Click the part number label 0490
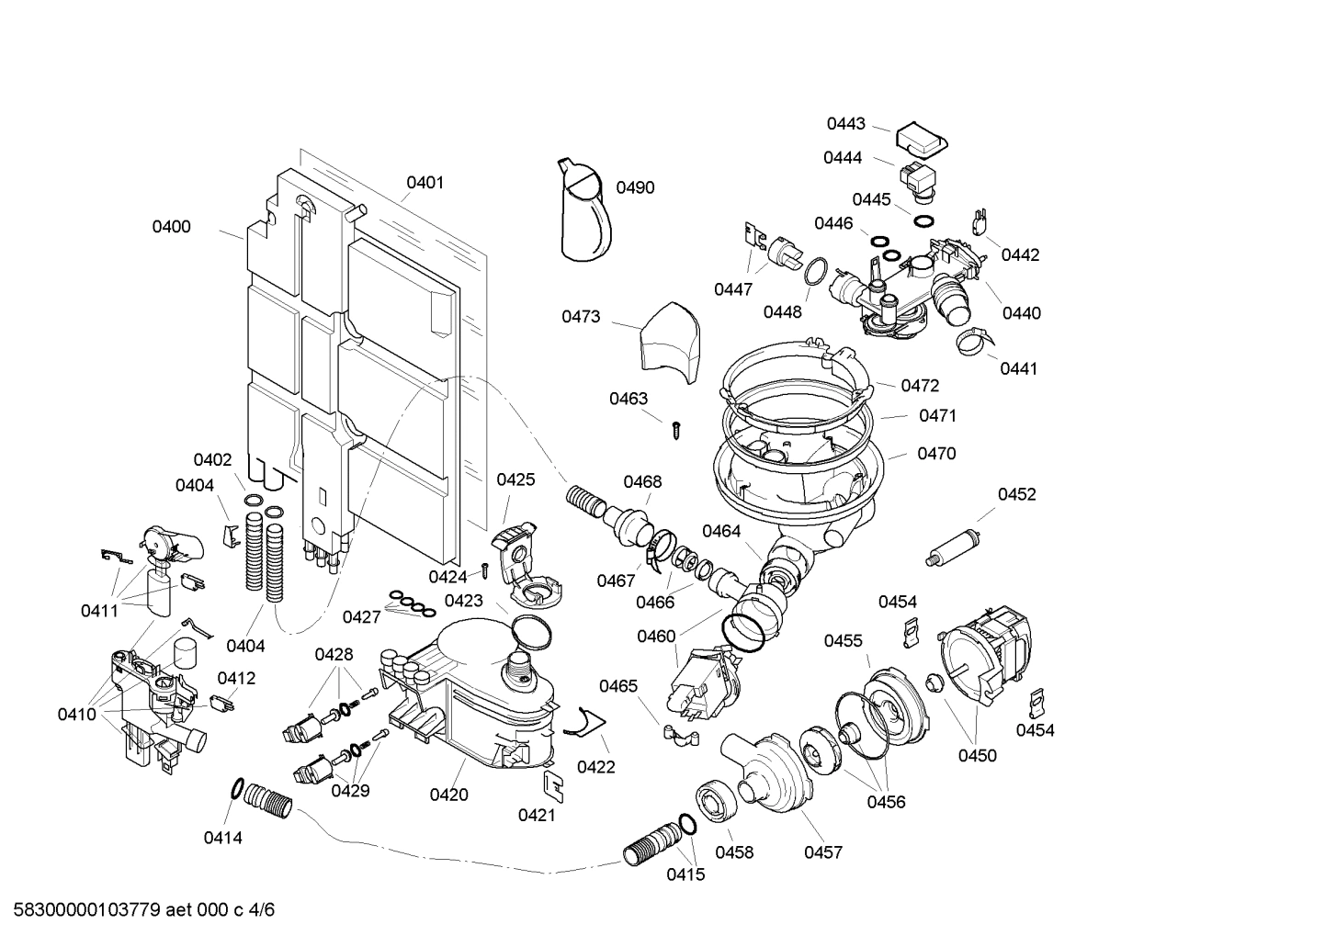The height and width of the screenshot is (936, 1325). coord(635,187)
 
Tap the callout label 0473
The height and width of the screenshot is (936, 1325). coord(581,317)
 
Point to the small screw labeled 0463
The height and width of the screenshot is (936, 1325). coord(675,427)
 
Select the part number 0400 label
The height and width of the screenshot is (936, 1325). coord(171,227)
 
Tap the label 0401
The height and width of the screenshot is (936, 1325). coord(425,183)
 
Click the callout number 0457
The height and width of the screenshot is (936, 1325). coord(822,852)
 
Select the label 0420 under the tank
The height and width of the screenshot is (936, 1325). coord(448,795)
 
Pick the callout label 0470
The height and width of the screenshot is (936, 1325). coord(936,454)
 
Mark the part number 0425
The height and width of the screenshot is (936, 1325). coord(515,479)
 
